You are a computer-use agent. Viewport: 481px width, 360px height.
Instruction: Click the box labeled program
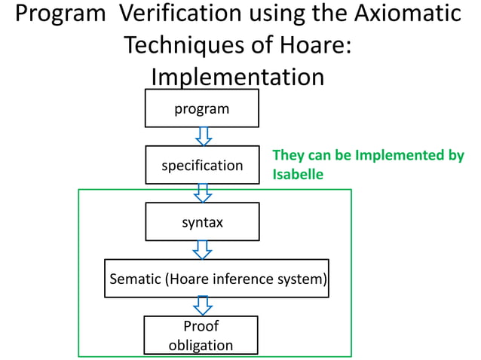[202, 108]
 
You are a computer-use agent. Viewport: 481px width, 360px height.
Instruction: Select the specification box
[202, 165]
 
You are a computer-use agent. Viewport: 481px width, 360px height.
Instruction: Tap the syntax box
[202, 223]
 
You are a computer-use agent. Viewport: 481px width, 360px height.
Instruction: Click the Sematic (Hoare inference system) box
[217, 279]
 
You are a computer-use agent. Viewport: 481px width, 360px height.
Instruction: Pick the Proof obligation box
[201, 335]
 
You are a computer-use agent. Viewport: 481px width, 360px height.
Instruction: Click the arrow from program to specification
[203, 136]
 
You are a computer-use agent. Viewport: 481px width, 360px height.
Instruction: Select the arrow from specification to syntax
[203, 193]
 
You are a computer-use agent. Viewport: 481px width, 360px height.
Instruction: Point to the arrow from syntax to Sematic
[203, 249]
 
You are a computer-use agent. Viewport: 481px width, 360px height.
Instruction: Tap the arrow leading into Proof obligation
[203, 306]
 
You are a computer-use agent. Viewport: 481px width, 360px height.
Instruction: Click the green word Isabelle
[298, 174]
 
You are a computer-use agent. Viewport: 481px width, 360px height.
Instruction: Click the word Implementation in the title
[237, 77]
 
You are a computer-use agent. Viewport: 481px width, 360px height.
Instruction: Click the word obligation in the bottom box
[201, 345]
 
